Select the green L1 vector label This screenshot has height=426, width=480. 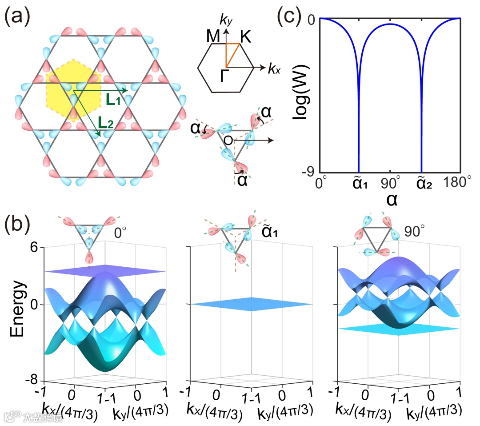click(114, 100)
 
